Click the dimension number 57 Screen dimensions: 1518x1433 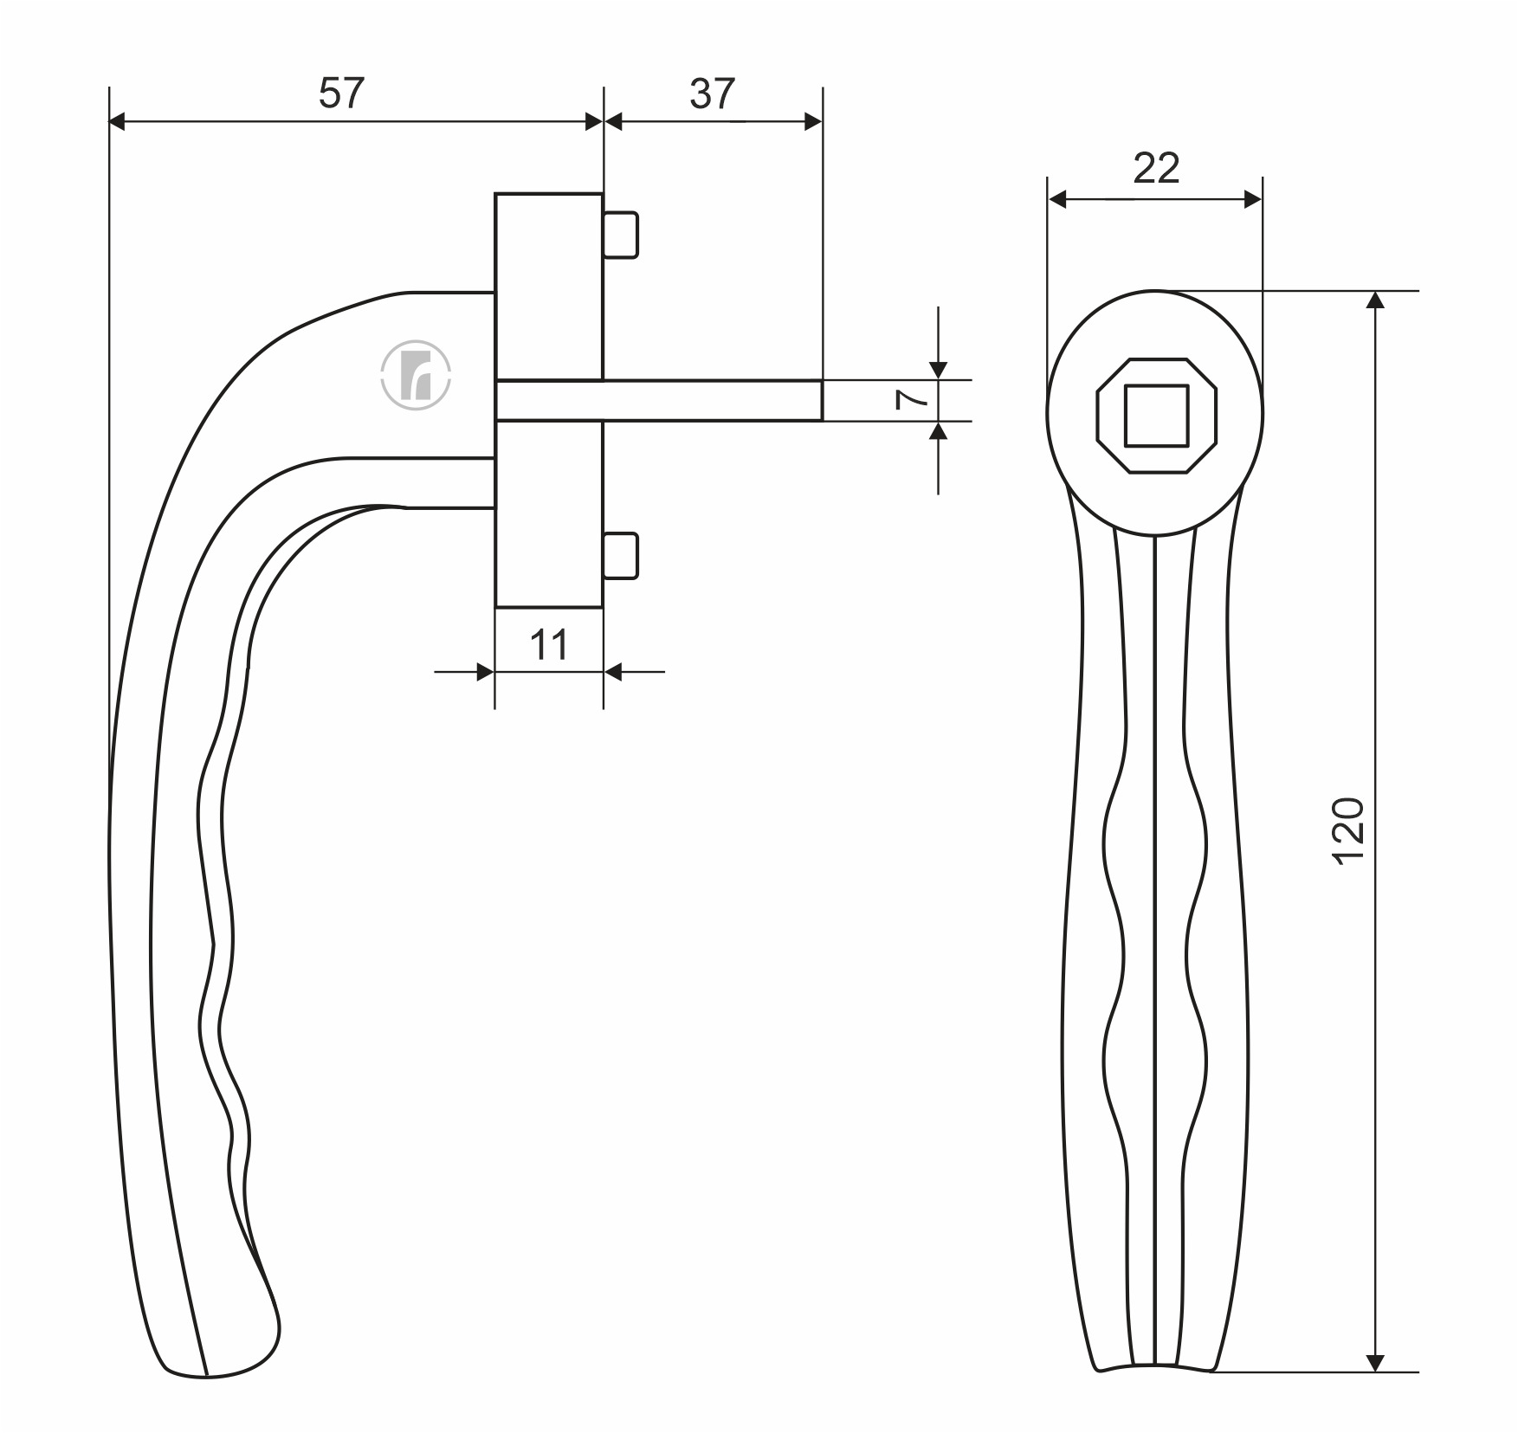[x=342, y=94]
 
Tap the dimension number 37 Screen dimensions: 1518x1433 [x=713, y=94]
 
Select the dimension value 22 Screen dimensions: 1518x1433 [x=1156, y=168]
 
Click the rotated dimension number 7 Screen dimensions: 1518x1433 [x=912, y=399]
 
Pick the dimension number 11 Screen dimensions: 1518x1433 [x=549, y=645]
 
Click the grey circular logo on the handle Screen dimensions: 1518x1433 [x=417, y=375]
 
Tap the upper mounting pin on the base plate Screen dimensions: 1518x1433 [x=620, y=235]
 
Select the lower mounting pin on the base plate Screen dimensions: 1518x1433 [x=620, y=556]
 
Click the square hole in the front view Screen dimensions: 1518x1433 [x=1156, y=416]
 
